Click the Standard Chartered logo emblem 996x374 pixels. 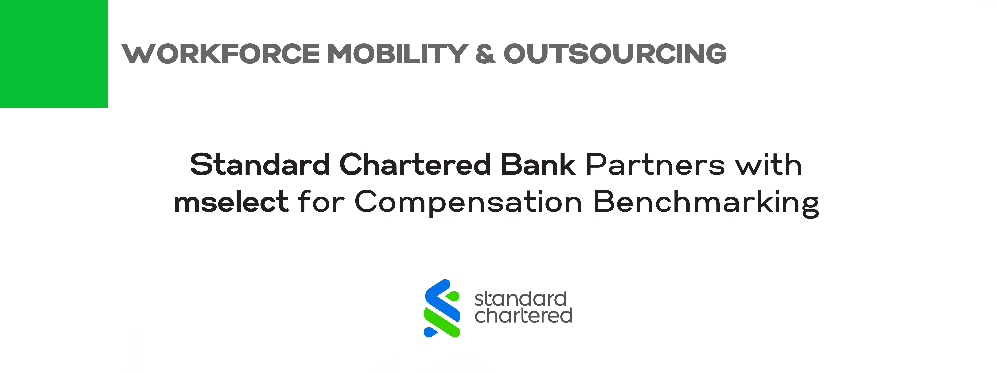pyautogui.click(x=442, y=308)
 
